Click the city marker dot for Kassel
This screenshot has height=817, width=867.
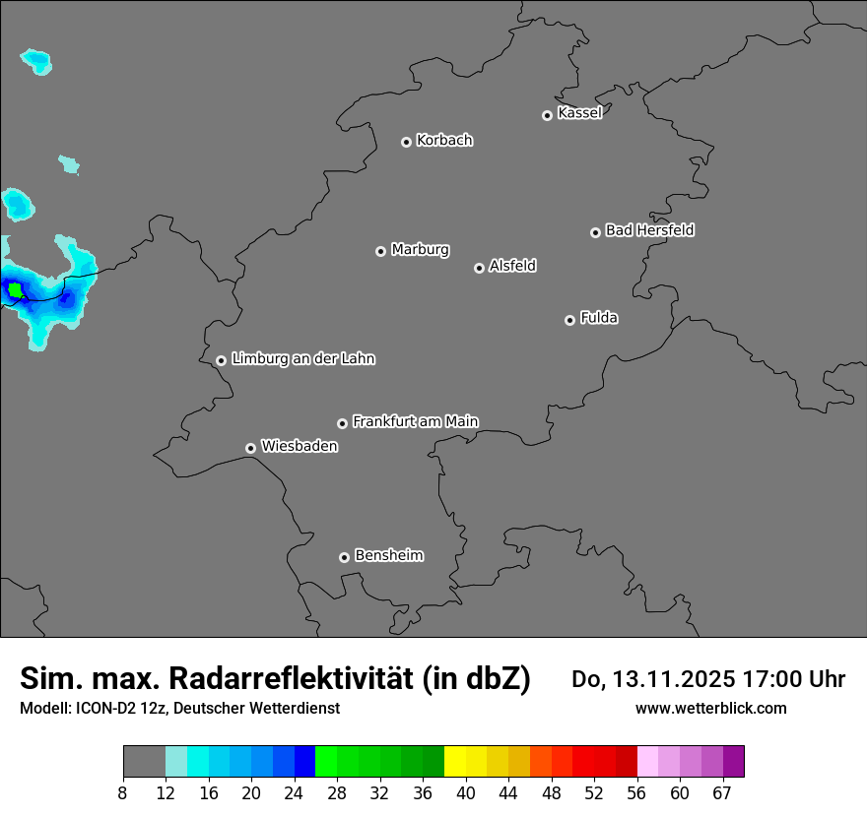click(547, 115)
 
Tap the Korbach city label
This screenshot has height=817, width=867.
click(444, 141)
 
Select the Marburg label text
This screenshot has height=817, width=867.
click(420, 250)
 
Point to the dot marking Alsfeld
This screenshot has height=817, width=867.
click(479, 268)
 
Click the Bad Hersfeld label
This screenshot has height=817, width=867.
click(649, 230)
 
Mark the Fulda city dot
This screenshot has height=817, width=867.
click(569, 320)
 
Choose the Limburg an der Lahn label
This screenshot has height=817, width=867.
click(302, 359)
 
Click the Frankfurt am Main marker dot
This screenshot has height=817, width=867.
click(342, 423)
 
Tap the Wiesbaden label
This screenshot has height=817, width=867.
click(299, 447)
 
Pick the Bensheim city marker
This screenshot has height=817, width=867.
click(344, 557)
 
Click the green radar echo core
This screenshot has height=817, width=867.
click(15, 289)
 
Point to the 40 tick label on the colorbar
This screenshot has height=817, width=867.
click(466, 793)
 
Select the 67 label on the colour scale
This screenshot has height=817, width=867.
click(723, 793)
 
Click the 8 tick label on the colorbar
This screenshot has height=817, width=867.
click(123, 793)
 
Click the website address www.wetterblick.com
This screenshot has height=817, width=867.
click(710, 708)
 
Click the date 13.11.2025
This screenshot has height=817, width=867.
click(668, 678)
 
